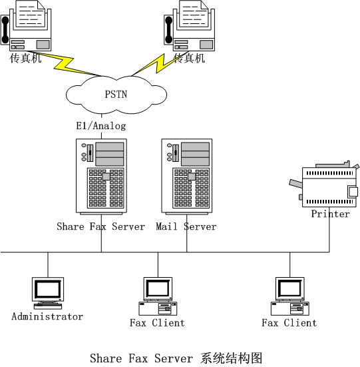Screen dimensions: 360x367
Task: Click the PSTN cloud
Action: tap(116, 95)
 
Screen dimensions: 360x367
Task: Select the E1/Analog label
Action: tap(101, 126)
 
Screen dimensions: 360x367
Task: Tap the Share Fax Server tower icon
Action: tap(101, 177)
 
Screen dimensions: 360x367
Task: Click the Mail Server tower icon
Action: tap(187, 177)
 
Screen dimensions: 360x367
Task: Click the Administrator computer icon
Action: tap(48, 293)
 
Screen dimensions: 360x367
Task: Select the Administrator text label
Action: tap(47, 316)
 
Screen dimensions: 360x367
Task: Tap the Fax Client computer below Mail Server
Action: tap(158, 296)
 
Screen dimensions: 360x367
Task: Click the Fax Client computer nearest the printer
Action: tap(290, 296)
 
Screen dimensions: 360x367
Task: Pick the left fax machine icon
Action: tap(26, 26)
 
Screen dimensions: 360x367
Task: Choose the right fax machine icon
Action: tap(190, 26)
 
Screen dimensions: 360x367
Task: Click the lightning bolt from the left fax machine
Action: tap(65, 64)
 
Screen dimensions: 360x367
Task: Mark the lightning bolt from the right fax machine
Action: tap(160, 64)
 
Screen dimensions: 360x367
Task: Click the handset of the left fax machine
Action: tap(5, 30)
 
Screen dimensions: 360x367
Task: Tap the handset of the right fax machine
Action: tap(168, 30)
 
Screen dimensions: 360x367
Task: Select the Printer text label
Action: tap(330, 214)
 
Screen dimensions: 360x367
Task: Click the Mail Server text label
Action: tap(186, 226)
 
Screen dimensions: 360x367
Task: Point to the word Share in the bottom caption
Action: tap(106, 358)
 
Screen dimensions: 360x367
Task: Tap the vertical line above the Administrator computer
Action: tap(48, 265)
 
